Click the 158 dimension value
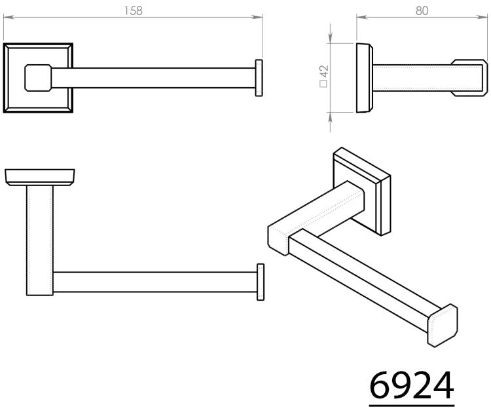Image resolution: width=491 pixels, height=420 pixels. (x=133, y=11)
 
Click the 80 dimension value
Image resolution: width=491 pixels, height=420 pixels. (x=422, y=11)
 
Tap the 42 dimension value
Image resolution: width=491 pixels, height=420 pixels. (x=324, y=71)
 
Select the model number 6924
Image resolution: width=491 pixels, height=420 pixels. (x=412, y=385)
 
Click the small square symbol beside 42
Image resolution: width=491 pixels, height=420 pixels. (x=323, y=83)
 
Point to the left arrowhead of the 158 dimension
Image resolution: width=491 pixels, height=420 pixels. (x=9, y=17)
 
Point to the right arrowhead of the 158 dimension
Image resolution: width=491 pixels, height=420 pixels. (x=257, y=17)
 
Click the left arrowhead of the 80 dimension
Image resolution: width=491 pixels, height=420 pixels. (x=362, y=17)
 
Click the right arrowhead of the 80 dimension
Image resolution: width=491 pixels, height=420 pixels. (x=482, y=17)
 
